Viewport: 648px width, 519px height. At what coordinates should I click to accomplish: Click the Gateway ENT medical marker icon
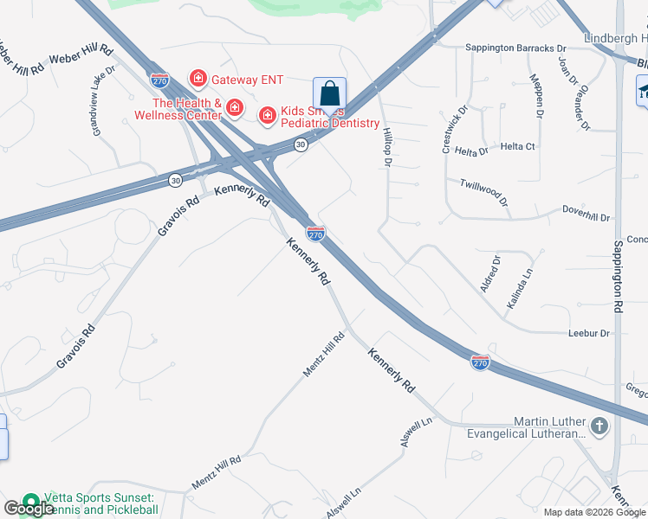tap(198, 79)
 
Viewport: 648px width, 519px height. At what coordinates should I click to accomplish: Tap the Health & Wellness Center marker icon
tap(233, 106)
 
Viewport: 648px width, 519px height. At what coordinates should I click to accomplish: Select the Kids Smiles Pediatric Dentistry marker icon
tap(267, 114)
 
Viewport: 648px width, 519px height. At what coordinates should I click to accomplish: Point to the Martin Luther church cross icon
tap(599, 426)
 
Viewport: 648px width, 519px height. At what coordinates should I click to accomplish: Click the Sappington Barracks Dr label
tap(515, 48)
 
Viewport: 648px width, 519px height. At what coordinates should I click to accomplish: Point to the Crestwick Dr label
tap(455, 131)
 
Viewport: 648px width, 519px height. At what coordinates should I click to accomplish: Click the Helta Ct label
tap(518, 147)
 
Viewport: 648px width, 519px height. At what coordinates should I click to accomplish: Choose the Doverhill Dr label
tap(586, 213)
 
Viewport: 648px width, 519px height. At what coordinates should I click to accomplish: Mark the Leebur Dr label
tap(589, 333)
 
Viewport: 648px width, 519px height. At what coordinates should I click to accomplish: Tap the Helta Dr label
tap(472, 151)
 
